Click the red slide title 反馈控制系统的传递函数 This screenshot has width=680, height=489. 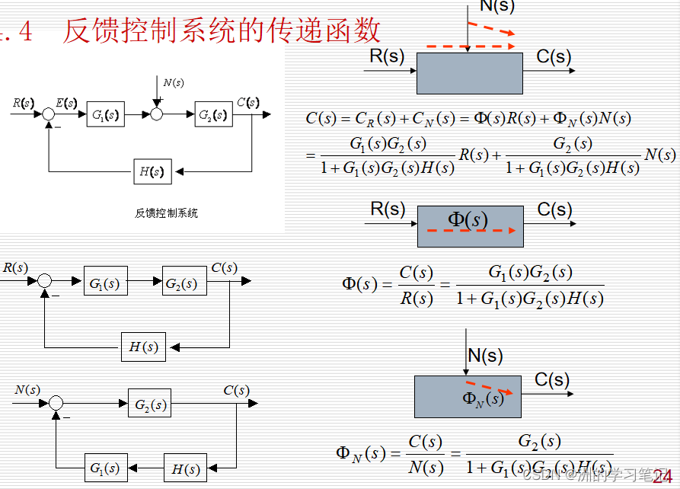pyautogui.click(x=221, y=30)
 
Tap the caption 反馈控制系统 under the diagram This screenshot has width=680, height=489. pyautogui.click(x=166, y=213)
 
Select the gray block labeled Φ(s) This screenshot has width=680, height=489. pyautogui.click(x=470, y=226)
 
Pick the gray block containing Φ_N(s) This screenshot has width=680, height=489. pyautogui.click(x=468, y=396)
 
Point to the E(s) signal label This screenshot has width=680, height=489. pyautogui.click(x=67, y=102)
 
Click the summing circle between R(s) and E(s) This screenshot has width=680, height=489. pyautogui.click(x=49, y=114)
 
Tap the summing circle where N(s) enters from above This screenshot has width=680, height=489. pyautogui.click(x=157, y=114)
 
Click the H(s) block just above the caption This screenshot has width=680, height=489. pyautogui.click(x=152, y=171)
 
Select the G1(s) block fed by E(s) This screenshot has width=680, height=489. pyautogui.click(x=105, y=114)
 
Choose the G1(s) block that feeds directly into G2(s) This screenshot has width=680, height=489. pyautogui.click(x=105, y=283)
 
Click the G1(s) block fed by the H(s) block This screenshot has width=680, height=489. pyautogui.click(x=104, y=468)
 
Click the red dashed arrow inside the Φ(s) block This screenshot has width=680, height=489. pyautogui.click(x=472, y=231)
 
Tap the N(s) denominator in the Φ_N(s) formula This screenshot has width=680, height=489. pyautogui.click(x=426, y=466)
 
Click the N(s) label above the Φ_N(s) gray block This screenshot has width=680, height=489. pyautogui.click(x=485, y=355)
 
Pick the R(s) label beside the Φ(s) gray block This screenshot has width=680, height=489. pyautogui.click(x=388, y=209)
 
